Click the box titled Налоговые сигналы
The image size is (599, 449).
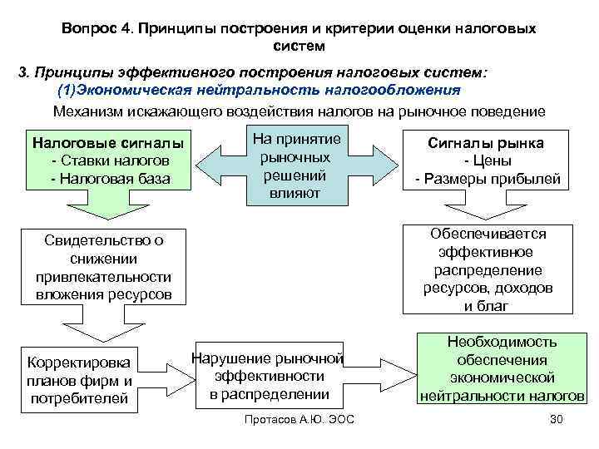coord(108,158)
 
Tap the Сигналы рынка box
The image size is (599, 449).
coord(488,160)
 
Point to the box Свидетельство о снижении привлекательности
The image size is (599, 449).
coord(104,266)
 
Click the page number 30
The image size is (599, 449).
coord(557,418)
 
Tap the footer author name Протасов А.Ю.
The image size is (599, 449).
coord(275,418)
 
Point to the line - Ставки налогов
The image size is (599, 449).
coord(109,159)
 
